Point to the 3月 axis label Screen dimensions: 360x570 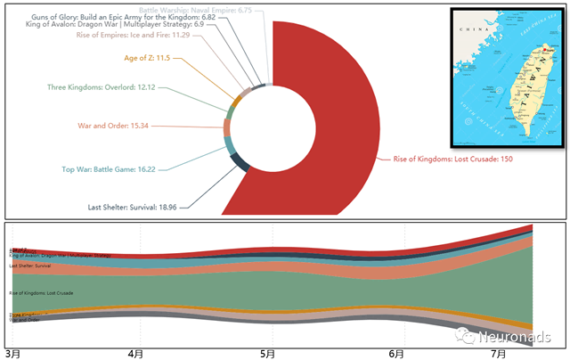(x=12, y=354)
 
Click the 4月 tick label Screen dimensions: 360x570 (x=135, y=354)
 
